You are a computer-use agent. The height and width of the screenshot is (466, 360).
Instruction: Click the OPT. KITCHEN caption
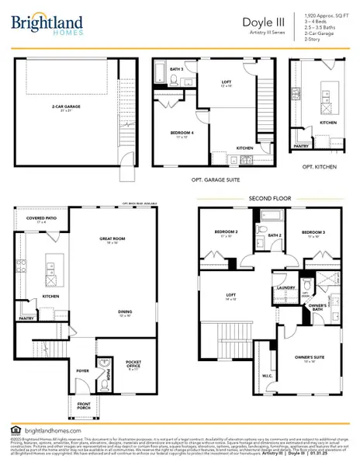[318, 167]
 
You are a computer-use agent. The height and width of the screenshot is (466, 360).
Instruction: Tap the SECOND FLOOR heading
[270, 198]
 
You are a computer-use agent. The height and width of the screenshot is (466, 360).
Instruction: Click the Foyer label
[82, 360]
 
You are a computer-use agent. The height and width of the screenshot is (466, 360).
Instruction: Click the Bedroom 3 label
[313, 231]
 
